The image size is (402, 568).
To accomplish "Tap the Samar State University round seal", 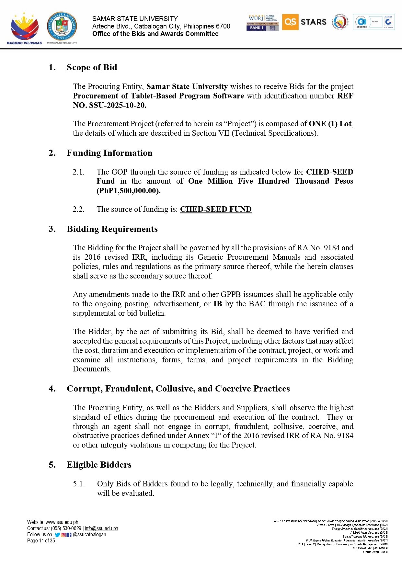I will (x=62, y=27).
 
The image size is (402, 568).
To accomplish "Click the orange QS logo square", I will (x=290, y=22).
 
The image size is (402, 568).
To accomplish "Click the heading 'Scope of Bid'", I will (x=92, y=67).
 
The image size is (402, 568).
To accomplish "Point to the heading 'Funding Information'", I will (x=109, y=153).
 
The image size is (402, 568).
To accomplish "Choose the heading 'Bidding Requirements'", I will (x=112, y=229).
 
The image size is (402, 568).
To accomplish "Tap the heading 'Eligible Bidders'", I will (x=99, y=465).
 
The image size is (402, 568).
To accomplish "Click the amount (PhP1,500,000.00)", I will (x=129, y=191).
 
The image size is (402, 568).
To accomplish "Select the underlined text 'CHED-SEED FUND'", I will (x=216, y=209).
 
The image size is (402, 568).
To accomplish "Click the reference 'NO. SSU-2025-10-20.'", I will (x=109, y=105).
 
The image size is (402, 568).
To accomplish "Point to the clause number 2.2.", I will (x=78, y=209).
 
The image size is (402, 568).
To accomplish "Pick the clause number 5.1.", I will (x=79, y=484).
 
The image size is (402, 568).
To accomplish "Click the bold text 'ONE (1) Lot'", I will (x=330, y=124).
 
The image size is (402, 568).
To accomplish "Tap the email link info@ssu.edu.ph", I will (x=101, y=528).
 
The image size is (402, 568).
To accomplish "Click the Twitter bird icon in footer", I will (x=57, y=535).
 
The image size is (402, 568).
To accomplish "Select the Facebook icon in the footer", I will (x=69, y=535).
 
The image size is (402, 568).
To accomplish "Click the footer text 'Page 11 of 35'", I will (x=41, y=541).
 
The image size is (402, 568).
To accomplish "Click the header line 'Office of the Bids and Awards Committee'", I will (x=155, y=34).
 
